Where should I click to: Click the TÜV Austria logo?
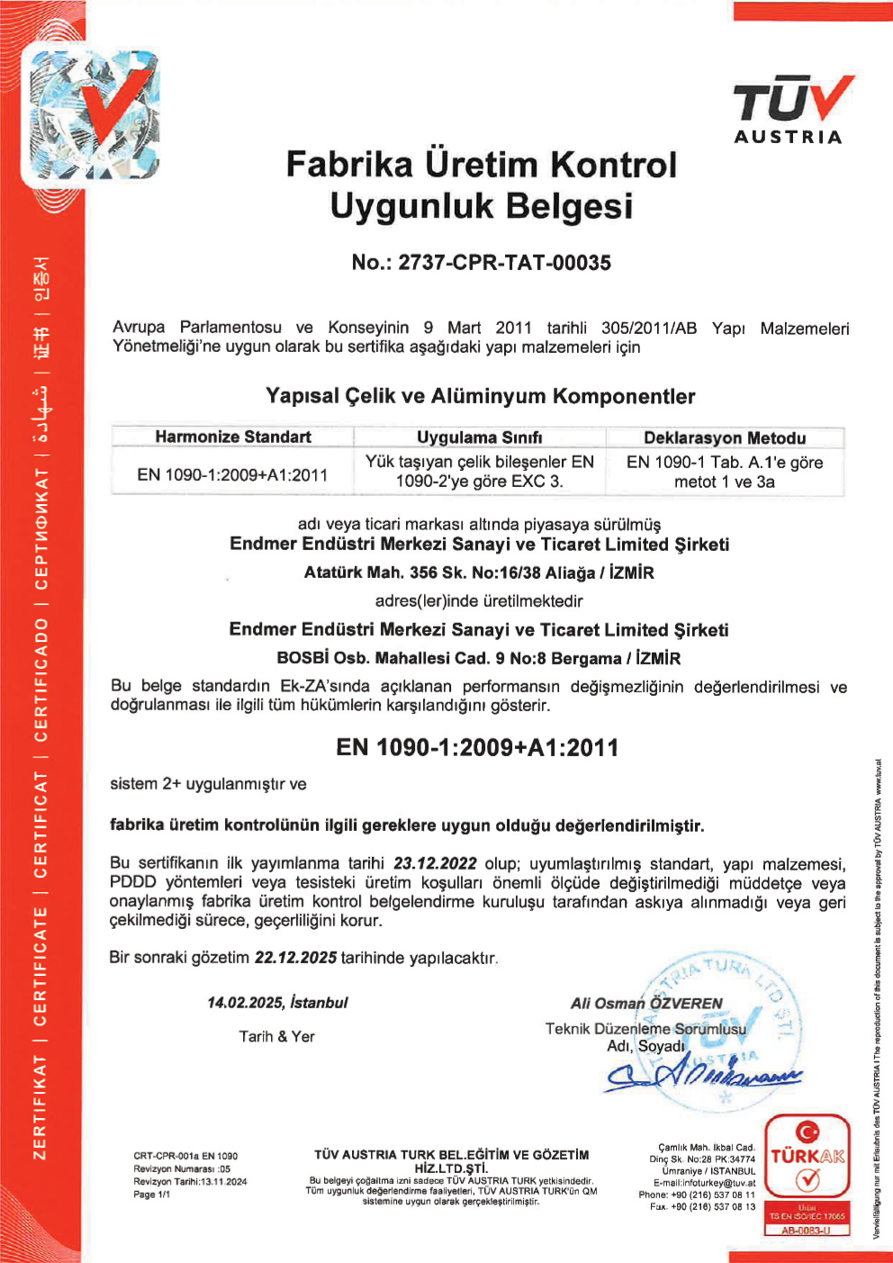790,110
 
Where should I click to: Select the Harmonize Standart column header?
232,437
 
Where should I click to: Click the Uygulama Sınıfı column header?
479,438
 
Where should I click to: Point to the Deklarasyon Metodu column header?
725,438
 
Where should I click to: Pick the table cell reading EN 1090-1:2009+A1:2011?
232,474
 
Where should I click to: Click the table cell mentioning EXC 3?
479,472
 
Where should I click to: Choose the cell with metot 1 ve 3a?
725,472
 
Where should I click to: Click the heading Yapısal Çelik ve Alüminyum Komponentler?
480,396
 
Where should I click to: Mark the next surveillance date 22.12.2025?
295,958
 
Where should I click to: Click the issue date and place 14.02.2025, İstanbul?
277,1003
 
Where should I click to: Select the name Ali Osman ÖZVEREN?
646,1003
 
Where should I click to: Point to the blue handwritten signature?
702,1073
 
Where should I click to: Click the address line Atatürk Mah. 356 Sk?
479,573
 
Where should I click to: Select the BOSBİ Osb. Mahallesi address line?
479,658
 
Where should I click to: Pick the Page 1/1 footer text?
151,1195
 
